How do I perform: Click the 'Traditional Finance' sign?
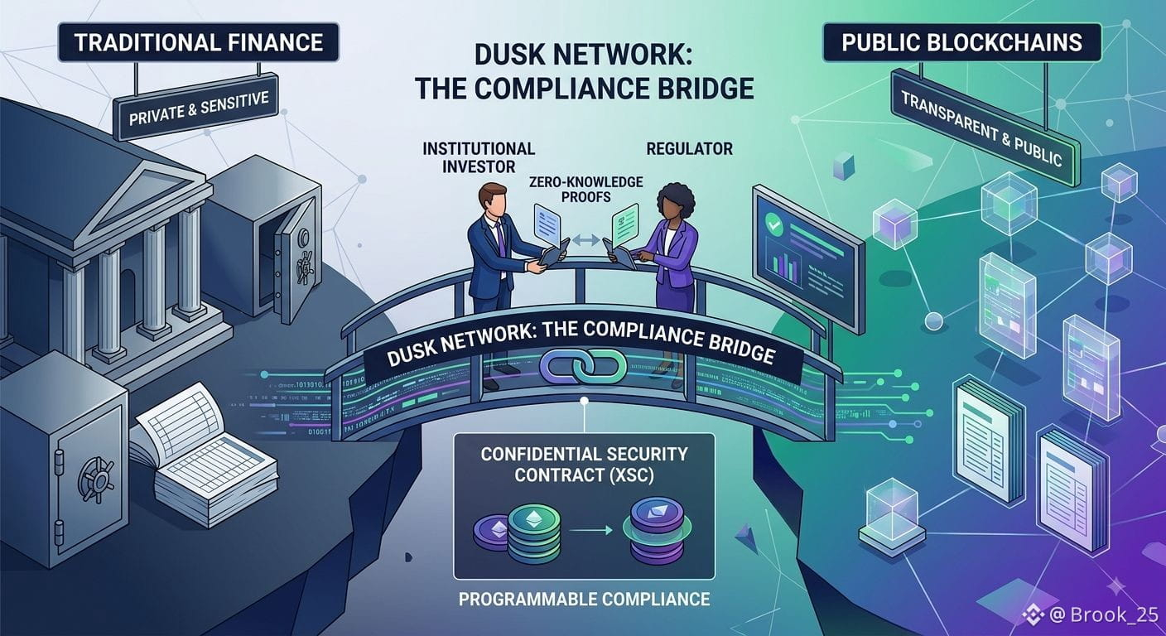198,42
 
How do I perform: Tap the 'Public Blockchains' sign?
962,42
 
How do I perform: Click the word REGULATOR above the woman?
689,149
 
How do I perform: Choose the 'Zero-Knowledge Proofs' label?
585,190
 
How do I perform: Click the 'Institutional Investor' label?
479,157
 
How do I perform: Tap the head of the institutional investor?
493,201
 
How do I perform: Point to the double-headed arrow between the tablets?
585,240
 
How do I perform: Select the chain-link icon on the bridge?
583,366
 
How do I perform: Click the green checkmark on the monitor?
774,224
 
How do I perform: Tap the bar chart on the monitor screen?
784,267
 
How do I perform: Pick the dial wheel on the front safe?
96,479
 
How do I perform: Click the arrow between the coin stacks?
590,531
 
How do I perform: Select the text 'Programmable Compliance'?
584,599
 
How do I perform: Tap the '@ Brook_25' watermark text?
1104,615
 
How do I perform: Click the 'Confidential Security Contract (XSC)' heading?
584,465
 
